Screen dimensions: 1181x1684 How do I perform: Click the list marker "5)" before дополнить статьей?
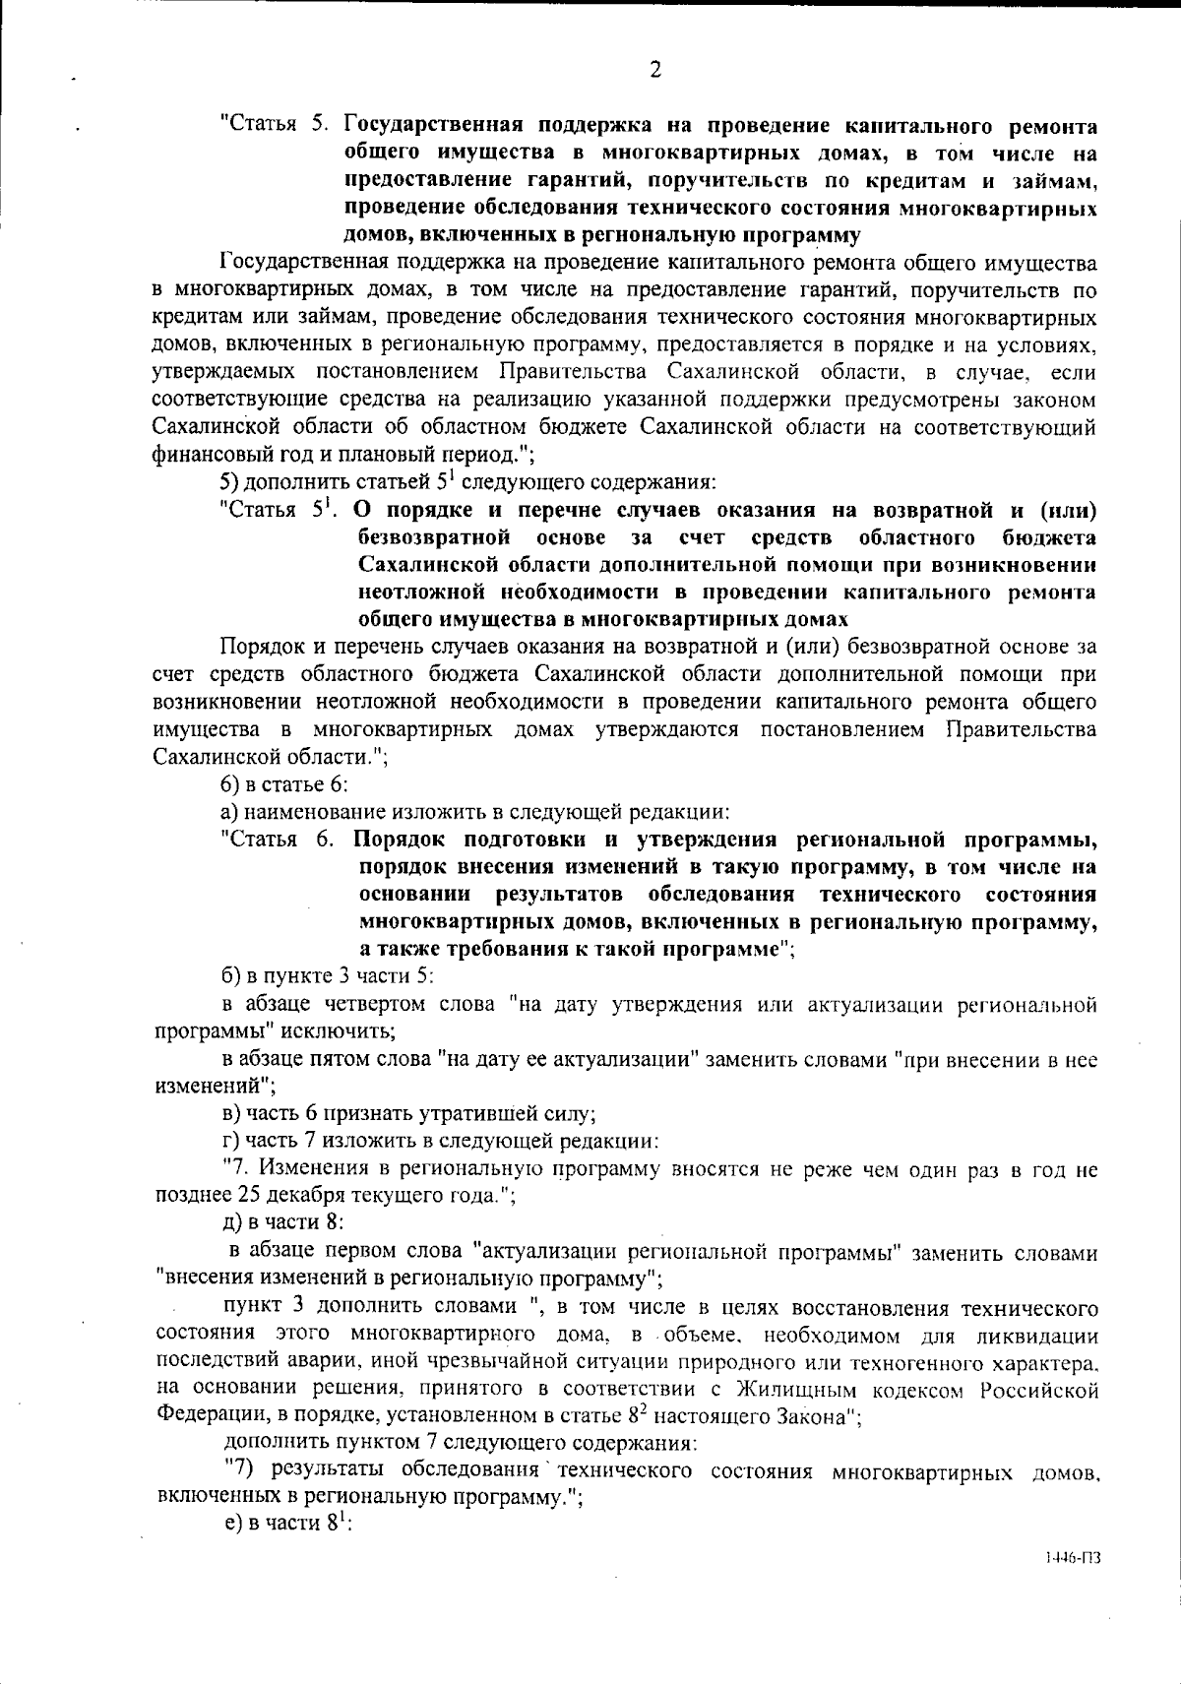229,482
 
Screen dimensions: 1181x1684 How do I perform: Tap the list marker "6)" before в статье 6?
229,784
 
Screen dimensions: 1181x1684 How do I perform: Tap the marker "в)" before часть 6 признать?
230,1114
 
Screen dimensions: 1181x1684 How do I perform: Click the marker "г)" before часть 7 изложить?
229,1142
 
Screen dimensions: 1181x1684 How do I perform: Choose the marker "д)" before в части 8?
230,1223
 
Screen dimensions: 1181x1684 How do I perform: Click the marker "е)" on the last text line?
229,1523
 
